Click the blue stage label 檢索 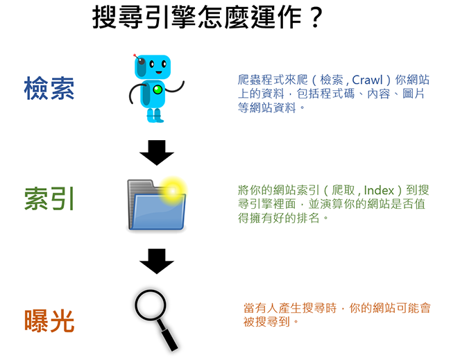pos(49,88)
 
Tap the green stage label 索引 pos(49,198)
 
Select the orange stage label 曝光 pos(49,321)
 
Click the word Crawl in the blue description pos(367,80)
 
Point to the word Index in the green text pos(379,190)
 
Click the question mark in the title pos(316,18)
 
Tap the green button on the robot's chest pos(158,90)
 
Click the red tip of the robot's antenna pos(135,55)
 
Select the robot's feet pos(155,115)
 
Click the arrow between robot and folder pos(157,153)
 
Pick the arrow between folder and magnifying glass pos(157,261)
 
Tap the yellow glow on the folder pos(173,191)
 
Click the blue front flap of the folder pos(158,212)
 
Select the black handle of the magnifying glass pos(169,340)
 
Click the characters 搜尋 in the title pos(118,18)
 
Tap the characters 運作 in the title pos(276,18)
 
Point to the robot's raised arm pos(176,88)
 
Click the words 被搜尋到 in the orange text pos(266,322)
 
